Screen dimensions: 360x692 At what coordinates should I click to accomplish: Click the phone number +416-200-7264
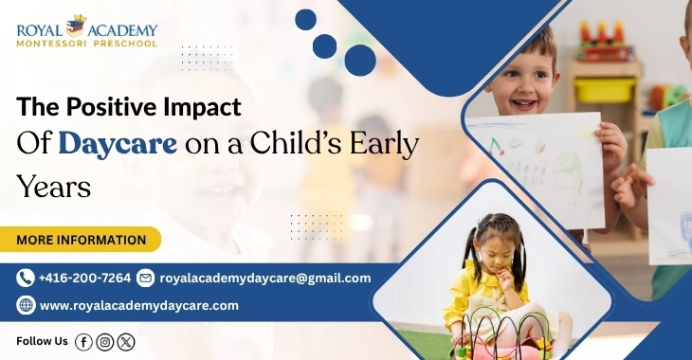click(84, 278)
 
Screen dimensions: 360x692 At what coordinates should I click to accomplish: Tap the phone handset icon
click(26, 278)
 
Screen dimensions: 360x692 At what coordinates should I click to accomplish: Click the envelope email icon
click(145, 278)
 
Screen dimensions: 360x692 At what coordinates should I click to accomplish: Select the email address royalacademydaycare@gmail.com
click(264, 278)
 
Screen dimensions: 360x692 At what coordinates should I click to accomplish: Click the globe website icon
click(26, 305)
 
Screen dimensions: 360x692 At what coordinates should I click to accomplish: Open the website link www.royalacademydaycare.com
click(138, 305)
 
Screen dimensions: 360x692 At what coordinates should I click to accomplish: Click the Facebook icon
click(83, 342)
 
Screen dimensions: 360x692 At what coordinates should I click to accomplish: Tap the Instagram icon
click(105, 342)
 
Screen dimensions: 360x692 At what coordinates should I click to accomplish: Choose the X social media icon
click(127, 342)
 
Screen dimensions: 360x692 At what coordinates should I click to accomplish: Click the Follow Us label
click(43, 341)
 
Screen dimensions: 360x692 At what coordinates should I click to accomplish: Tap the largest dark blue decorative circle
click(360, 60)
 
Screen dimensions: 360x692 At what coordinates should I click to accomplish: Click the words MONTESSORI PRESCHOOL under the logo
click(86, 44)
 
